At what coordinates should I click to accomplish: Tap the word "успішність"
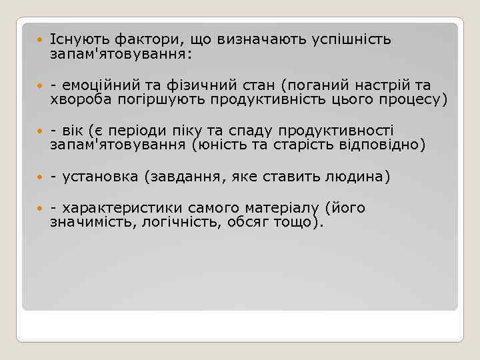[351, 39]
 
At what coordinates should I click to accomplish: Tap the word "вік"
[75, 131]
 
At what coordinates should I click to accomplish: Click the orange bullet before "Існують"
[40, 40]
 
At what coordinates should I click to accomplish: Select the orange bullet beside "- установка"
[40, 177]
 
